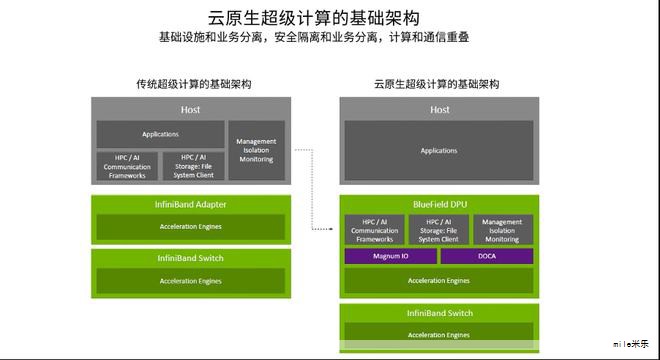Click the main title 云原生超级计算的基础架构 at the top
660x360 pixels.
tap(312, 17)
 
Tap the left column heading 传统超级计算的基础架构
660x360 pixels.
tap(192, 84)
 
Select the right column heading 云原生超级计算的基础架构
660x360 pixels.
tap(436, 84)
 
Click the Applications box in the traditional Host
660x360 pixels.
tap(160, 134)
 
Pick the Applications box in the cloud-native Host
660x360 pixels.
tap(438, 151)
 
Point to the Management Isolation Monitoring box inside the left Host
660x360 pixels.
tap(256, 150)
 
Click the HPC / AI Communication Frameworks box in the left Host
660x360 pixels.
tap(127, 166)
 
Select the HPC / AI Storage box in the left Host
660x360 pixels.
tap(193, 166)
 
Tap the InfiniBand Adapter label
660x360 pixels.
tap(190, 205)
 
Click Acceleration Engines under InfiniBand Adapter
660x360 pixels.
tap(190, 227)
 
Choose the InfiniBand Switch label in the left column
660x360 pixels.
tap(190, 258)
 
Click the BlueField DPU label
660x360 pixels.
tap(440, 205)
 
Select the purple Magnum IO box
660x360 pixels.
tap(390, 256)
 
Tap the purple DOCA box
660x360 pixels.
tap(487, 256)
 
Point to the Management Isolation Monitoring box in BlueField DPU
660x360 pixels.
tap(502, 230)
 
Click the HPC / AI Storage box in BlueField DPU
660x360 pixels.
tap(439, 230)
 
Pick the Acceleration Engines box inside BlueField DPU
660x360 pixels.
tap(439, 281)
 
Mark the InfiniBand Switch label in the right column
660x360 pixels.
tap(440, 314)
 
